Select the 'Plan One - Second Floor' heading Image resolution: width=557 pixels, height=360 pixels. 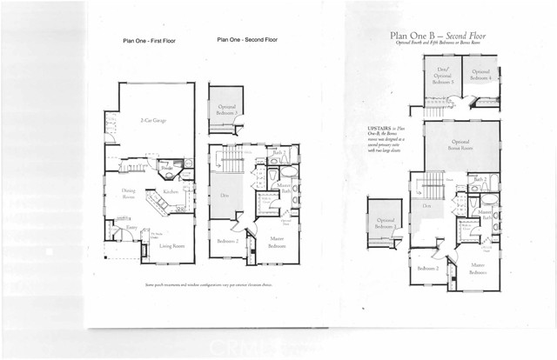pos(247,40)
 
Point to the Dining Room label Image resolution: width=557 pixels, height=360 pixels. pos(128,194)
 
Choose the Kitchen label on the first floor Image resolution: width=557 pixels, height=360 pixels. pos(171,192)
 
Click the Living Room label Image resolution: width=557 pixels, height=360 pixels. pos(172,246)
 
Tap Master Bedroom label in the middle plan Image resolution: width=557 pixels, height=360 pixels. pos(277,244)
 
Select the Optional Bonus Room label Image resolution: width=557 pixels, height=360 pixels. pos(461,143)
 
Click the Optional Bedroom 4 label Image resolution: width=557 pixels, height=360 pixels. pos(481,75)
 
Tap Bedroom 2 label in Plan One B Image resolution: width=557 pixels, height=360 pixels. pos(426,269)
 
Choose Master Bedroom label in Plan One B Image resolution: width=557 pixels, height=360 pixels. pos(478,268)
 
